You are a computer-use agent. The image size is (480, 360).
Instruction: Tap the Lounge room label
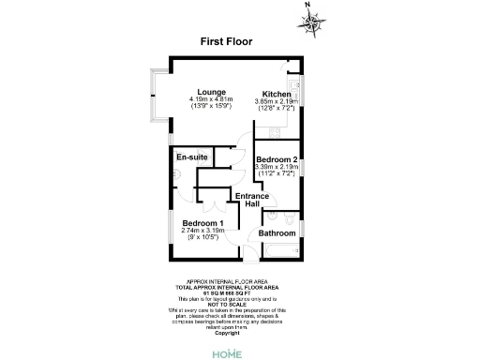210,91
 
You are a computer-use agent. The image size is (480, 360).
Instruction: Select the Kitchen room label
276,95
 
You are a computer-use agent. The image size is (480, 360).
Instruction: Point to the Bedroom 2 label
277,160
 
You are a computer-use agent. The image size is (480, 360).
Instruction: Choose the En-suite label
192,157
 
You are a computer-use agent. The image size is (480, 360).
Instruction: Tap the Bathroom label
277,232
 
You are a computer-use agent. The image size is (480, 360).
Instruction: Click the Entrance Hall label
251,200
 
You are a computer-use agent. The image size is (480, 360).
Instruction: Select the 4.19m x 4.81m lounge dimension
210,99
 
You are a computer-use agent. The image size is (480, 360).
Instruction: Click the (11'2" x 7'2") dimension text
277,174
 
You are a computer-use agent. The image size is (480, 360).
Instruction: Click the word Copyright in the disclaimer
228,333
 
